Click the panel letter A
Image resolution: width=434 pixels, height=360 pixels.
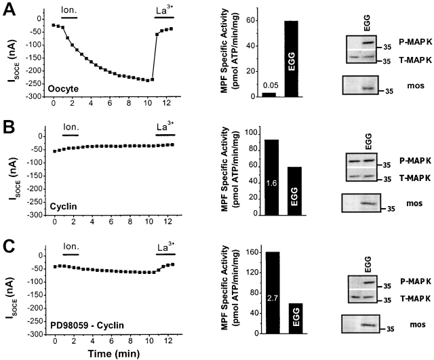(x=9, y=12)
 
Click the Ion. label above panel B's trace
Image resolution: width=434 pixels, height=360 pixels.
(x=70, y=126)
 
